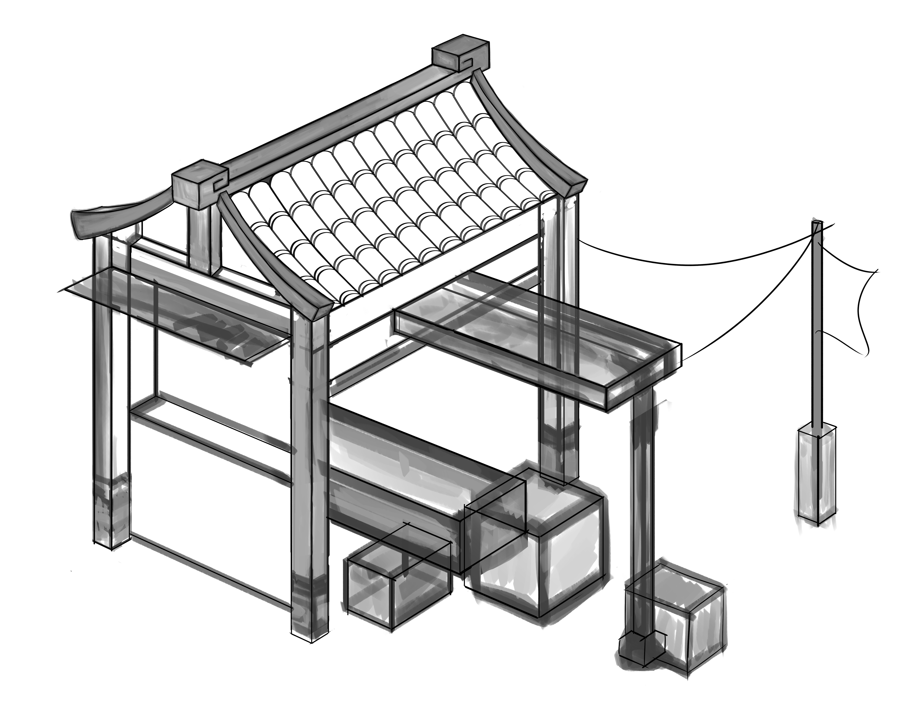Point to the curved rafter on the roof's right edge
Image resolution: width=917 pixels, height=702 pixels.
coord(531,129)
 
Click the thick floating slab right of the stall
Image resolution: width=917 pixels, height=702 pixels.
coord(539,338)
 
